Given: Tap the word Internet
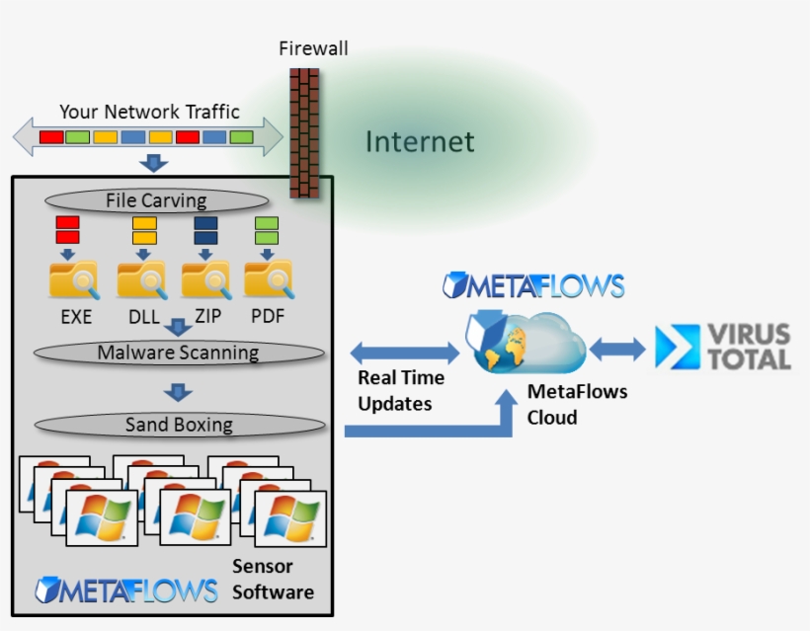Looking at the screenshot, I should (420, 142).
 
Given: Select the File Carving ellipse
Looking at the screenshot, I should (156, 200).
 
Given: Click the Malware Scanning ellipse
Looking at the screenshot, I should (178, 353).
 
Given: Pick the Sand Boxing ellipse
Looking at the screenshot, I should (179, 425).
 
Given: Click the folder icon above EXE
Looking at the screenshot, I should (74, 280).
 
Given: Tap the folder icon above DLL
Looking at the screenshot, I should (141, 280).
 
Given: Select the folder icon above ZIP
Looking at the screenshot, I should (206, 280).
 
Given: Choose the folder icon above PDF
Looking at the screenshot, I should (268, 280).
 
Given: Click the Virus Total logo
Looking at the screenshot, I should (723, 348).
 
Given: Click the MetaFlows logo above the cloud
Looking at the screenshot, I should (533, 286).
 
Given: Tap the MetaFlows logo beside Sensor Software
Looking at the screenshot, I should (126, 590).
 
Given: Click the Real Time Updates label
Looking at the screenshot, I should (400, 391).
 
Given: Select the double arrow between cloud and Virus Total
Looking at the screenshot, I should (617, 349).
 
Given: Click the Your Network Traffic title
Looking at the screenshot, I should (149, 112).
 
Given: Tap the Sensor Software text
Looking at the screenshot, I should (273, 580).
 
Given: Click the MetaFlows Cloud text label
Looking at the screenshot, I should (577, 404).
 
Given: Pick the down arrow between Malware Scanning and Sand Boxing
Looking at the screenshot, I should (178, 392).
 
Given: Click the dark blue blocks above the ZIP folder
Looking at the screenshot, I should (206, 230).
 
